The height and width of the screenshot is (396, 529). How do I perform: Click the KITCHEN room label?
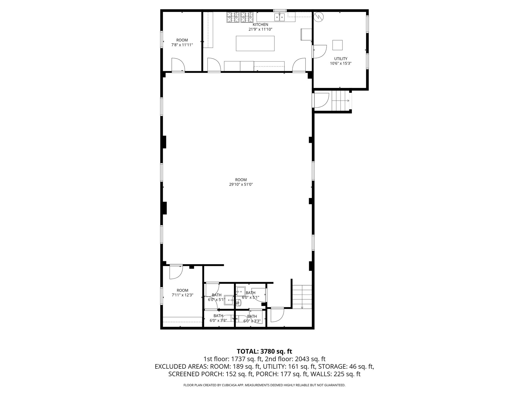pyautogui.click(x=260, y=24)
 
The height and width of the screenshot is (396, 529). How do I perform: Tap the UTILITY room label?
pyautogui.click(x=341, y=59)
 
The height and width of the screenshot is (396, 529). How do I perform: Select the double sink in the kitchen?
pyautogui.click(x=279, y=17)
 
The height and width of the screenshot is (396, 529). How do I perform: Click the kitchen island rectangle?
pyautogui.click(x=255, y=43)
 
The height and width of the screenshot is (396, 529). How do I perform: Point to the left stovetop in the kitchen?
pyautogui.click(x=233, y=17)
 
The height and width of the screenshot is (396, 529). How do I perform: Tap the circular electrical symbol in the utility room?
pyautogui.click(x=319, y=17)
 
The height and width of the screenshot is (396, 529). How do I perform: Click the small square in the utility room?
pyautogui.click(x=337, y=45)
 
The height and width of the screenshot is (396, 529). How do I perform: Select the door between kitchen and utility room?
pyautogui.click(x=319, y=51)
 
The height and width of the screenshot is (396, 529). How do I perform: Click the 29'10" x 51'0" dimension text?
pyautogui.click(x=241, y=185)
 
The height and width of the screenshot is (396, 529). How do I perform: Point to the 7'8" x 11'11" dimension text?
pyautogui.click(x=182, y=45)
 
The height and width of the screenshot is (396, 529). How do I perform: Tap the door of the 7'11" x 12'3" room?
pyautogui.click(x=176, y=272)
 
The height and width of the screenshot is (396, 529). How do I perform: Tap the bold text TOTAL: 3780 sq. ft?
pyautogui.click(x=264, y=351)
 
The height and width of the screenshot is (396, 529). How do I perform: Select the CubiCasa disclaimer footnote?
pyautogui.click(x=264, y=385)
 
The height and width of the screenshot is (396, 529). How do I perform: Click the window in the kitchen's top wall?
pyautogui.click(x=278, y=11)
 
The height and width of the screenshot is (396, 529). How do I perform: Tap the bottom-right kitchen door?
pyautogui.click(x=299, y=65)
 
